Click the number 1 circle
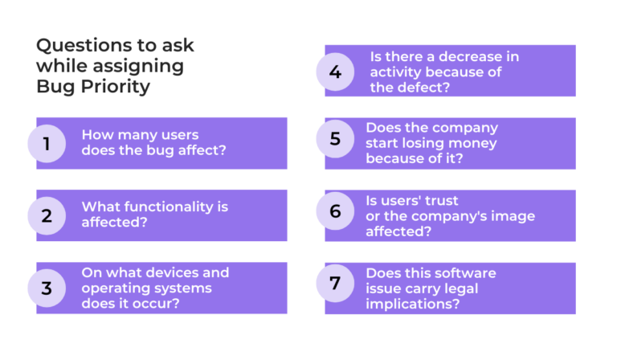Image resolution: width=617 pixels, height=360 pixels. click(x=47, y=144)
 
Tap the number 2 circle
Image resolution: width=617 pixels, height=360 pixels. click(x=47, y=215)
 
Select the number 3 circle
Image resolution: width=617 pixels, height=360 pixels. click(x=47, y=288)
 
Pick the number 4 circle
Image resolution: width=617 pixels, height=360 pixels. click(x=335, y=72)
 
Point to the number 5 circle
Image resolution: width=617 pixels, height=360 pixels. click(x=335, y=143)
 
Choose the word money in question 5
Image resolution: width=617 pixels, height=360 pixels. click(x=468, y=143)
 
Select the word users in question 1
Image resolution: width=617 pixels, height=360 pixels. click(x=177, y=134)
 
